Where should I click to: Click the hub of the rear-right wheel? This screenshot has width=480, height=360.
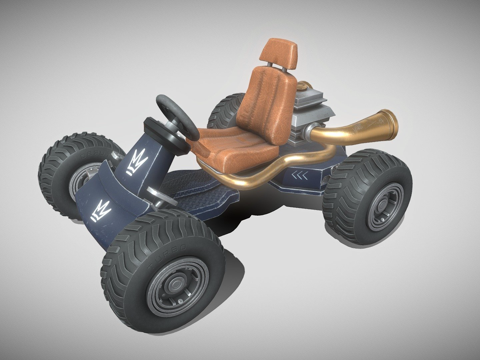coord(382,205)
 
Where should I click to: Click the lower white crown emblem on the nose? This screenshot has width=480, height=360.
coord(101,210)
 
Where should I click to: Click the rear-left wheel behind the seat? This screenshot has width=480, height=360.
coord(225,110)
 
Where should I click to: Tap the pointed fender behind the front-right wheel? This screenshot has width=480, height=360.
coord(232,265)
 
